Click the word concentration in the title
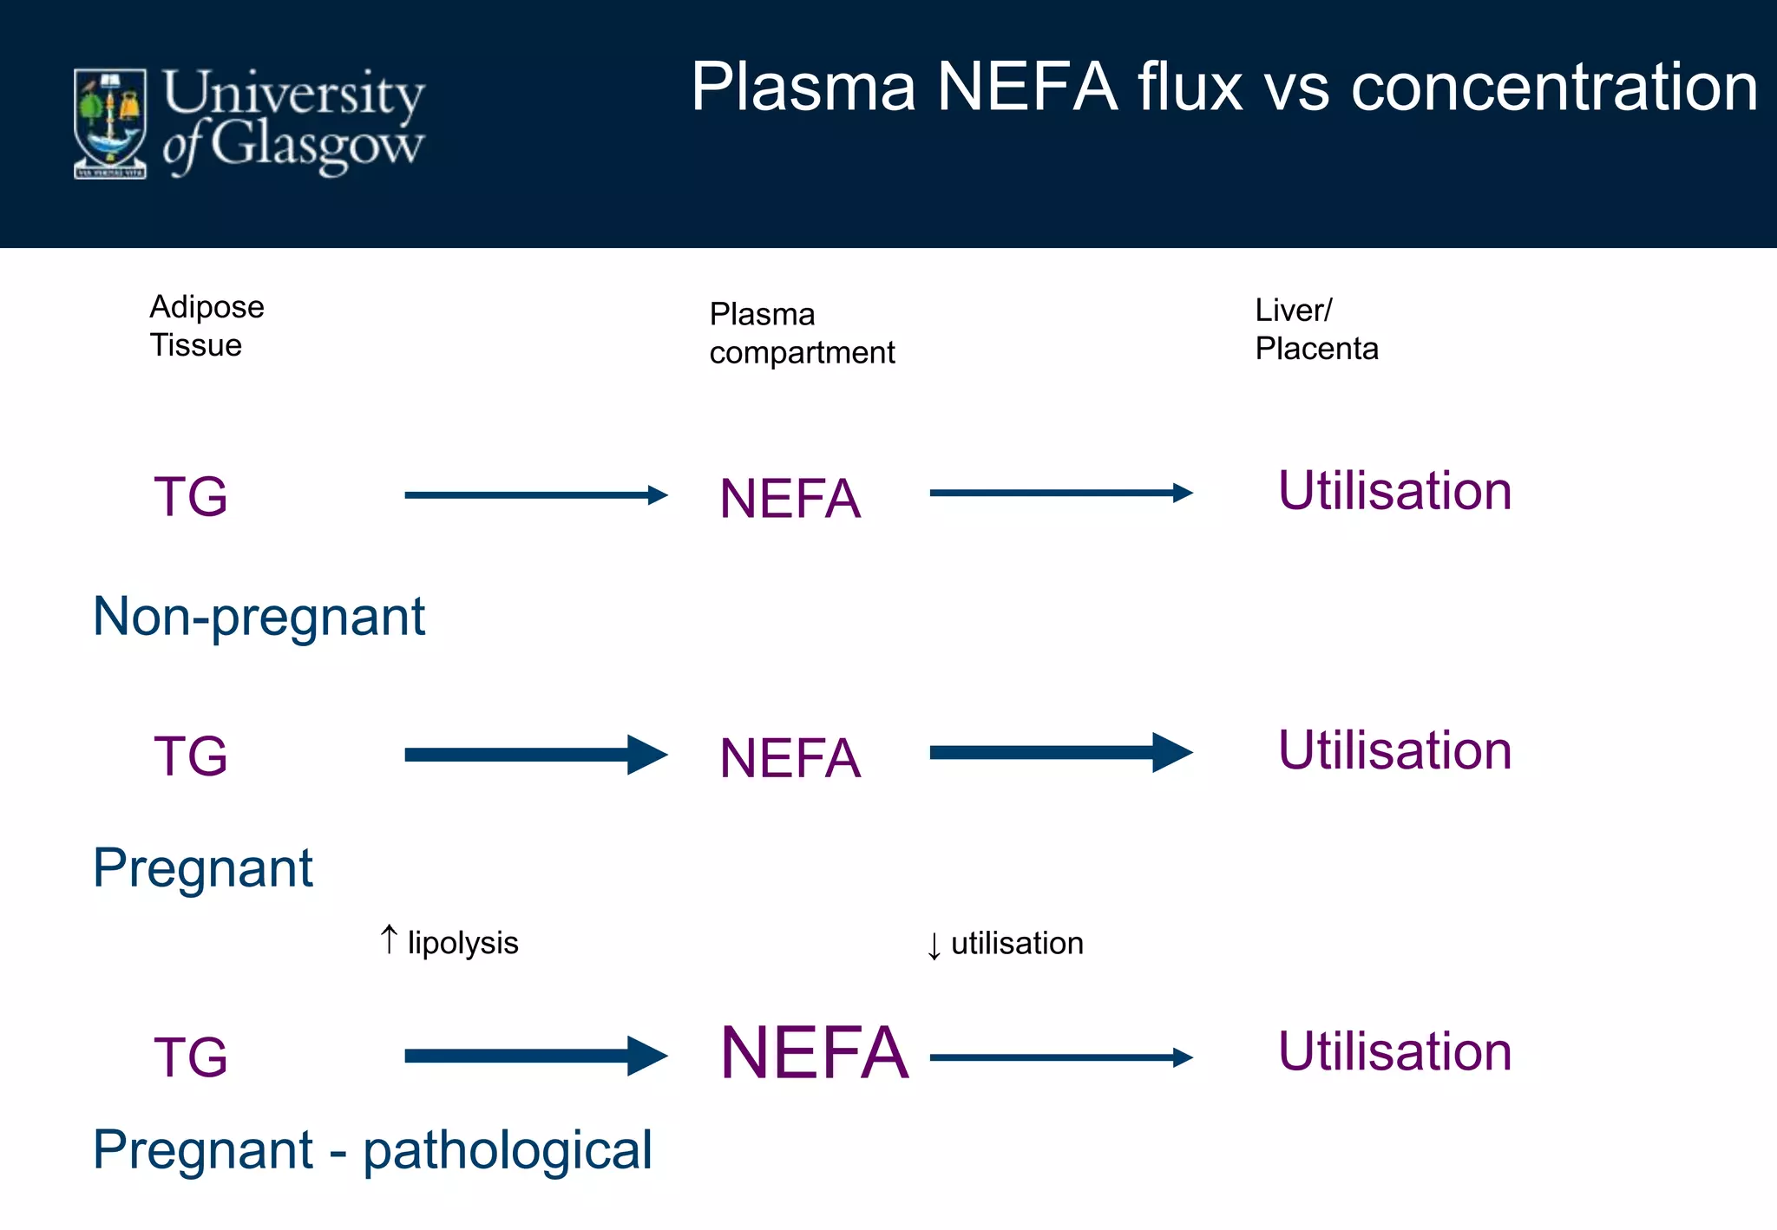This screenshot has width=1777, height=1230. [x=1553, y=88]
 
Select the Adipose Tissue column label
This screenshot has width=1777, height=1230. [x=207, y=326]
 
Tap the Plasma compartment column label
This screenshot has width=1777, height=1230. [x=801, y=333]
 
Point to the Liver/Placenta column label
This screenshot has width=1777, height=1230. [x=1315, y=330]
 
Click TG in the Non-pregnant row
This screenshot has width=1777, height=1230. [x=191, y=497]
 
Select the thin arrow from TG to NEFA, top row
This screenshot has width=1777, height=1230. [x=535, y=495]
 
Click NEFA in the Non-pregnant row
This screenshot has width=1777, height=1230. [x=790, y=500]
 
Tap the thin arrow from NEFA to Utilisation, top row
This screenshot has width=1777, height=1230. [x=1060, y=493]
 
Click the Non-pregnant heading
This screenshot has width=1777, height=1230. [x=259, y=617]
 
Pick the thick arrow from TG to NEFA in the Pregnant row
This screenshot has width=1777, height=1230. [x=535, y=755]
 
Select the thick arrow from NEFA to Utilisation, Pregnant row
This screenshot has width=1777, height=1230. [x=1060, y=752]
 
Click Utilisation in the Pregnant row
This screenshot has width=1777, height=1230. [x=1394, y=750]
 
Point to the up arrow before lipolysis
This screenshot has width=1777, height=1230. [x=390, y=939]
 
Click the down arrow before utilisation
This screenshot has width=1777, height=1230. [x=934, y=945]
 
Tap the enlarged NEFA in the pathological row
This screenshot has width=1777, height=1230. [x=814, y=1053]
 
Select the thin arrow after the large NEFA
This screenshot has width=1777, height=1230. [x=1060, y=1057]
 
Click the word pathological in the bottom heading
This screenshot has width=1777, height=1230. [x=507, y=1151]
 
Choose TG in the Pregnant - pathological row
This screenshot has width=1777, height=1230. [x=191, y=1057]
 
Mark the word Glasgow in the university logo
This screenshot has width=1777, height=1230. [x=317, y=146]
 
